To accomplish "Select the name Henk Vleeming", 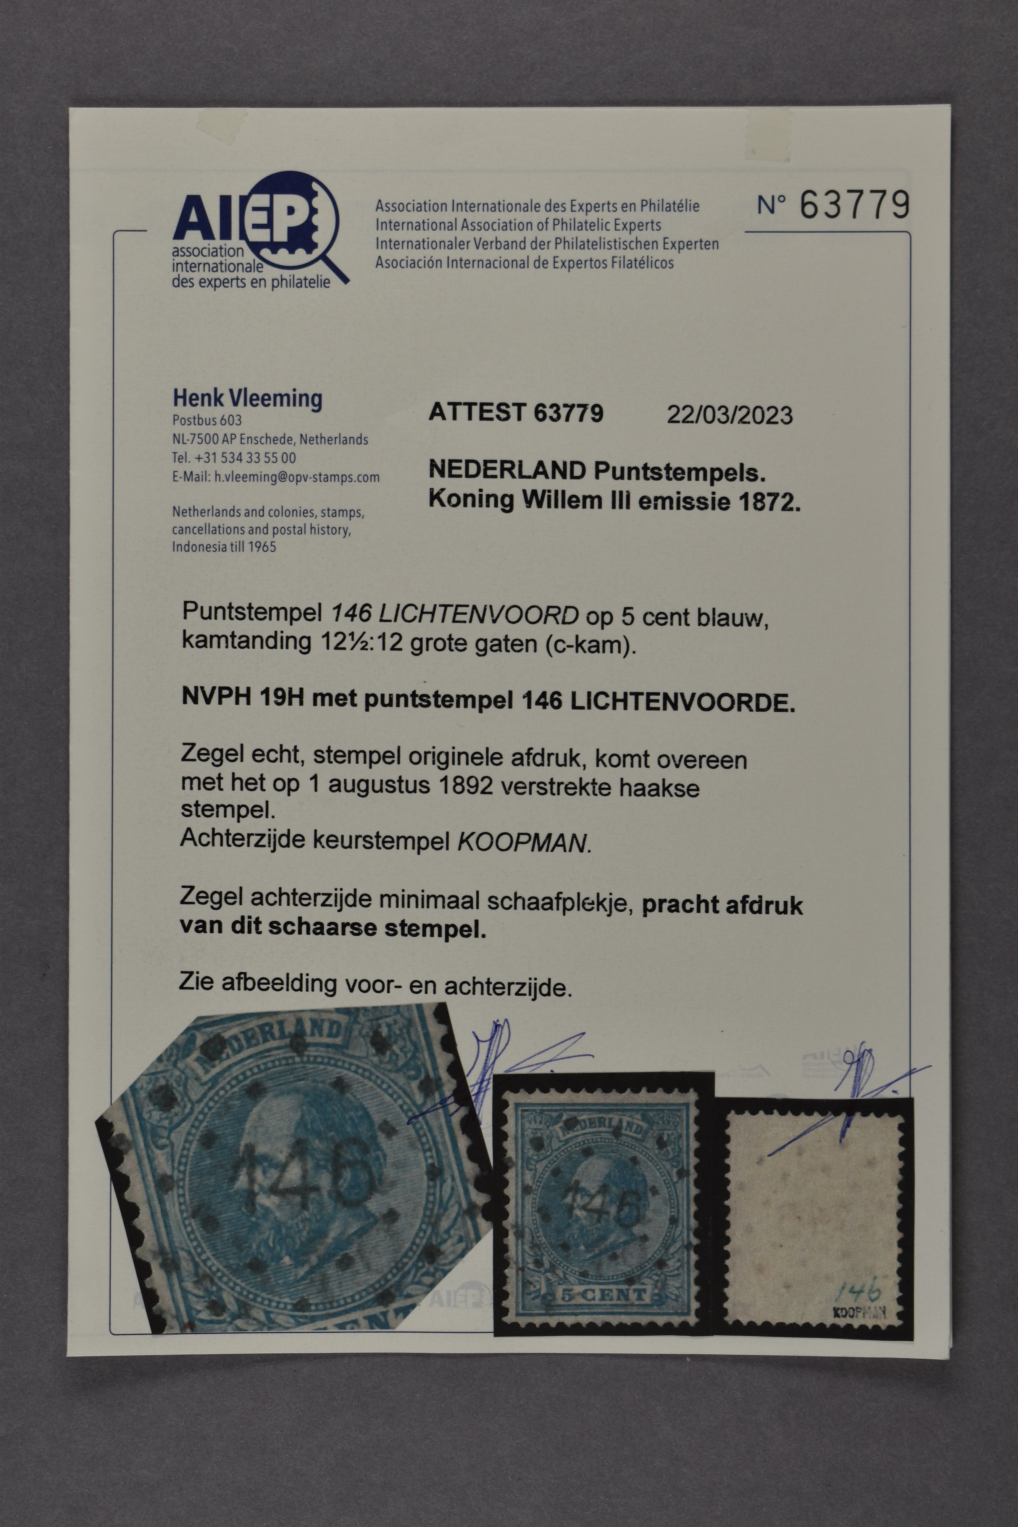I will [x=247, y=398].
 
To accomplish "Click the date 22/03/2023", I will [x=730, y=415].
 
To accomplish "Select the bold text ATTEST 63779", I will [x=516, y=413].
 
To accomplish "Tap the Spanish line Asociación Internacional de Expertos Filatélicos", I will [x=524, y=263].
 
